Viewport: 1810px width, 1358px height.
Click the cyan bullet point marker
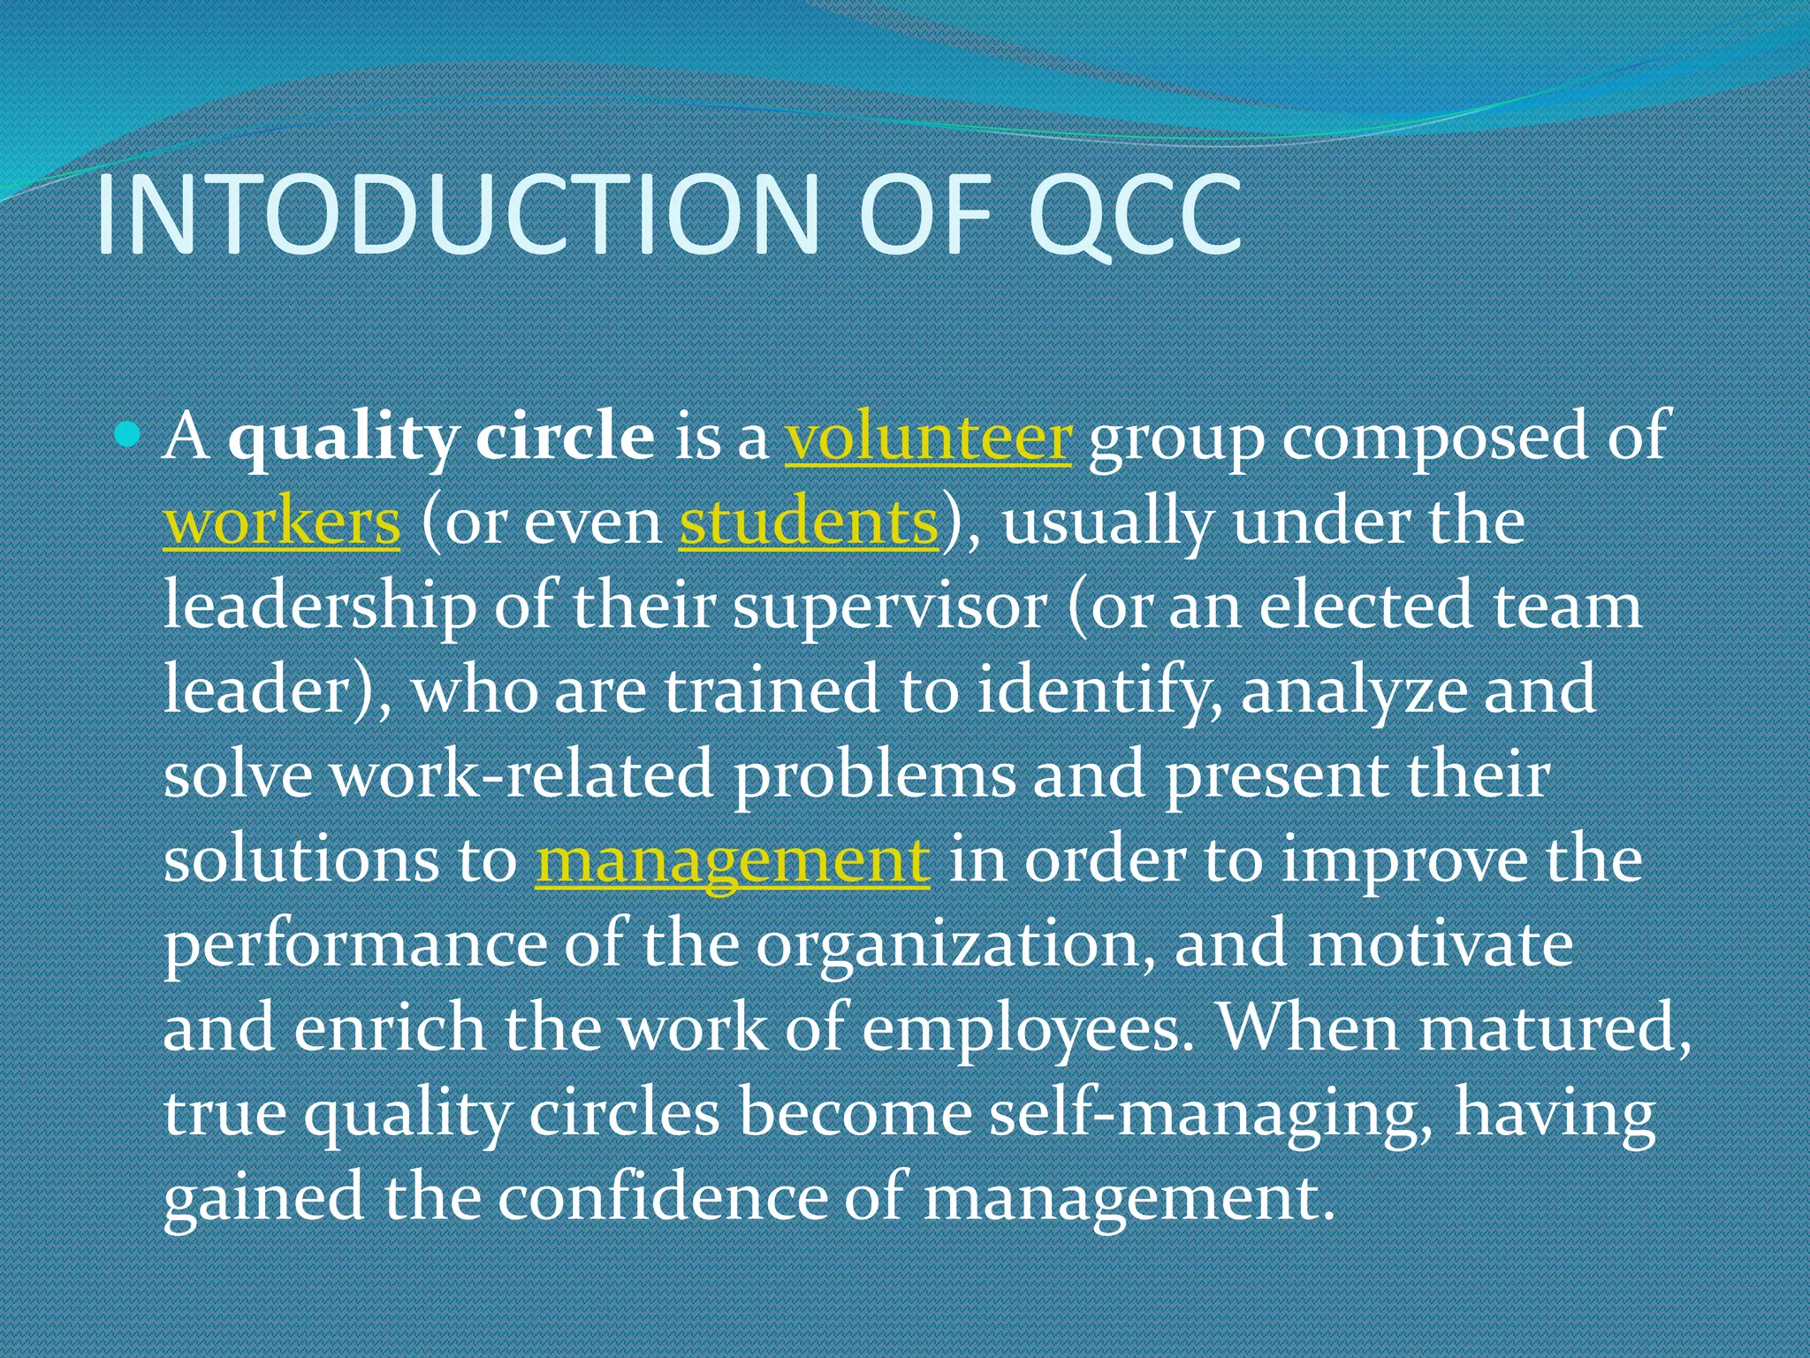coord(129,434)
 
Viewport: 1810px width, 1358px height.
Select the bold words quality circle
coord(441,438)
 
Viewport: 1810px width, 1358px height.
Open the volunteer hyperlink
coord(928,438)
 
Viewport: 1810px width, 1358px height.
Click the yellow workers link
coord(282,522)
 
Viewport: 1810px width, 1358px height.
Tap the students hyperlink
coord(808,522)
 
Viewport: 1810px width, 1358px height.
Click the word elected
coord(1366,607)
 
